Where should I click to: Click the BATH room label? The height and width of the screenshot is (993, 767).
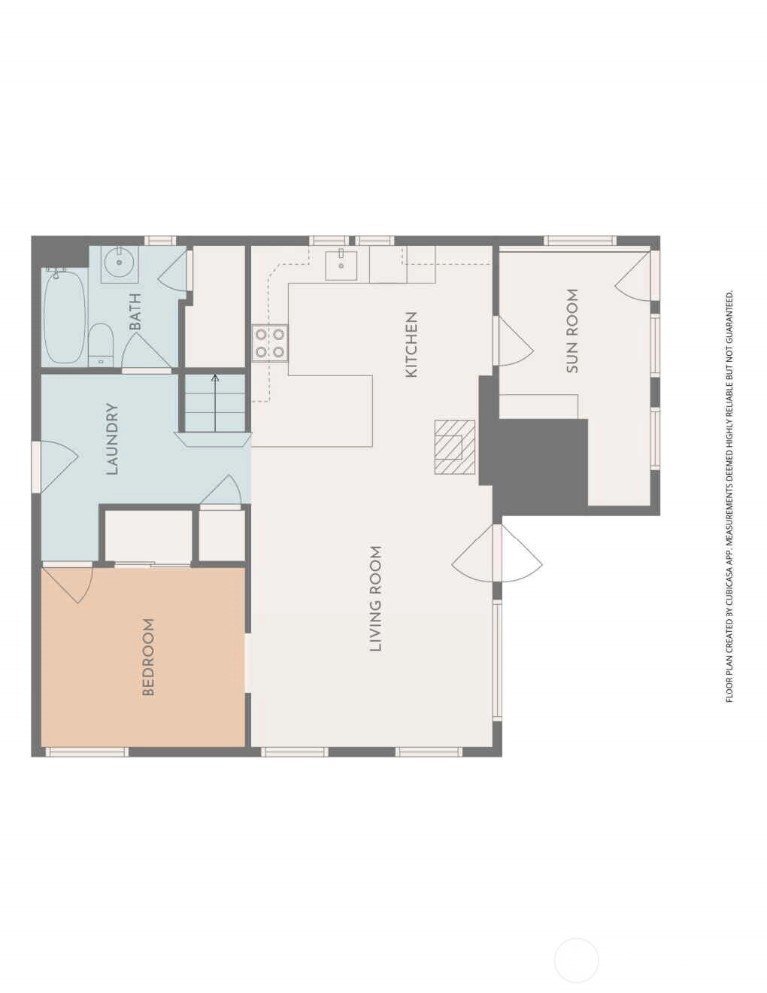[135, 311]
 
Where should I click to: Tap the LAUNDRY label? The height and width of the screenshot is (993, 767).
[112, 439]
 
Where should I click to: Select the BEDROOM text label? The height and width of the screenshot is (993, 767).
[148, 657]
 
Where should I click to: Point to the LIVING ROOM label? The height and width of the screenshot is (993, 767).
[375, 598]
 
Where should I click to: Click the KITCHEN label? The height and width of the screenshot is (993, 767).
[411, 345]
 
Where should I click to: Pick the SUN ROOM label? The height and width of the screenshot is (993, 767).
[572, 331]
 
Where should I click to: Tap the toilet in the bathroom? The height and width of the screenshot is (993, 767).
[101, 345]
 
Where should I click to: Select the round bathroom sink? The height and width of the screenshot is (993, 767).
[120, 263]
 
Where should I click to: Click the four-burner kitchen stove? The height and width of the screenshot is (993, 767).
[269, 343]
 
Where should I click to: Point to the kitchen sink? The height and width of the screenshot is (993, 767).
[341, 265]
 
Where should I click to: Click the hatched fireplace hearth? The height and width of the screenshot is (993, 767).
[455, 447]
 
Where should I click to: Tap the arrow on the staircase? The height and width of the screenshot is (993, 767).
[215, 402]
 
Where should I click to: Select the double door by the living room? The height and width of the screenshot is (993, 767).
[497, 554]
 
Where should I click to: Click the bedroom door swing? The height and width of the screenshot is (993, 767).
[68, 585]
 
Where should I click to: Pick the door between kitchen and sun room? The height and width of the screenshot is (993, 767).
[514, 341]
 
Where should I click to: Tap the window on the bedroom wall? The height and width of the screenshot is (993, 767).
[86, 752]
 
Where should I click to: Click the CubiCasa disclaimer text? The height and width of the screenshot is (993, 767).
[729, 496]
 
